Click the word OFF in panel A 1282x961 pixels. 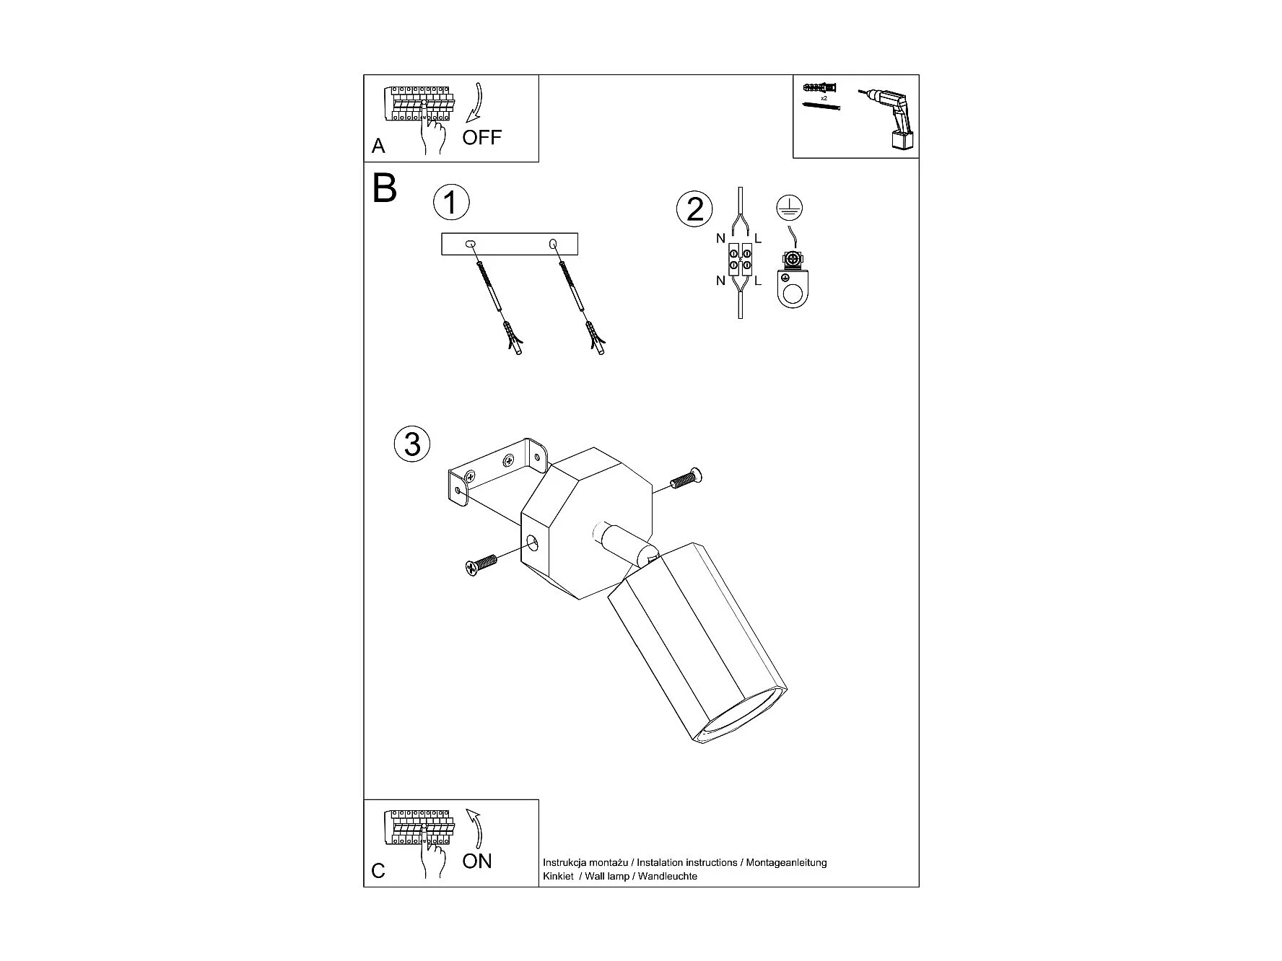pos(481,137)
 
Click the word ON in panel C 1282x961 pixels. pos(477,861)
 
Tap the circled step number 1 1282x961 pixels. pos(451,203)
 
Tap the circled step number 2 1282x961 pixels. pos(694,209)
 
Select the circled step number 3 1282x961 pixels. pos(412,443)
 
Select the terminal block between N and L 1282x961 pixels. pos(741,259)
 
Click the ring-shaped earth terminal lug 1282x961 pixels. pos(793,288)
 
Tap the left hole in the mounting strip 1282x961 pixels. pos(470,245)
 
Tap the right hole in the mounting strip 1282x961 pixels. pos(554,245)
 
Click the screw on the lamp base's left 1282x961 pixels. pos(481,564)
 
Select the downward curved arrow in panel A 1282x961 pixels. pos(476,104)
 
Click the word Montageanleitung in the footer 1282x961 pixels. pos(786,862)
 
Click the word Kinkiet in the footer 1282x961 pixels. pos(558,877)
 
